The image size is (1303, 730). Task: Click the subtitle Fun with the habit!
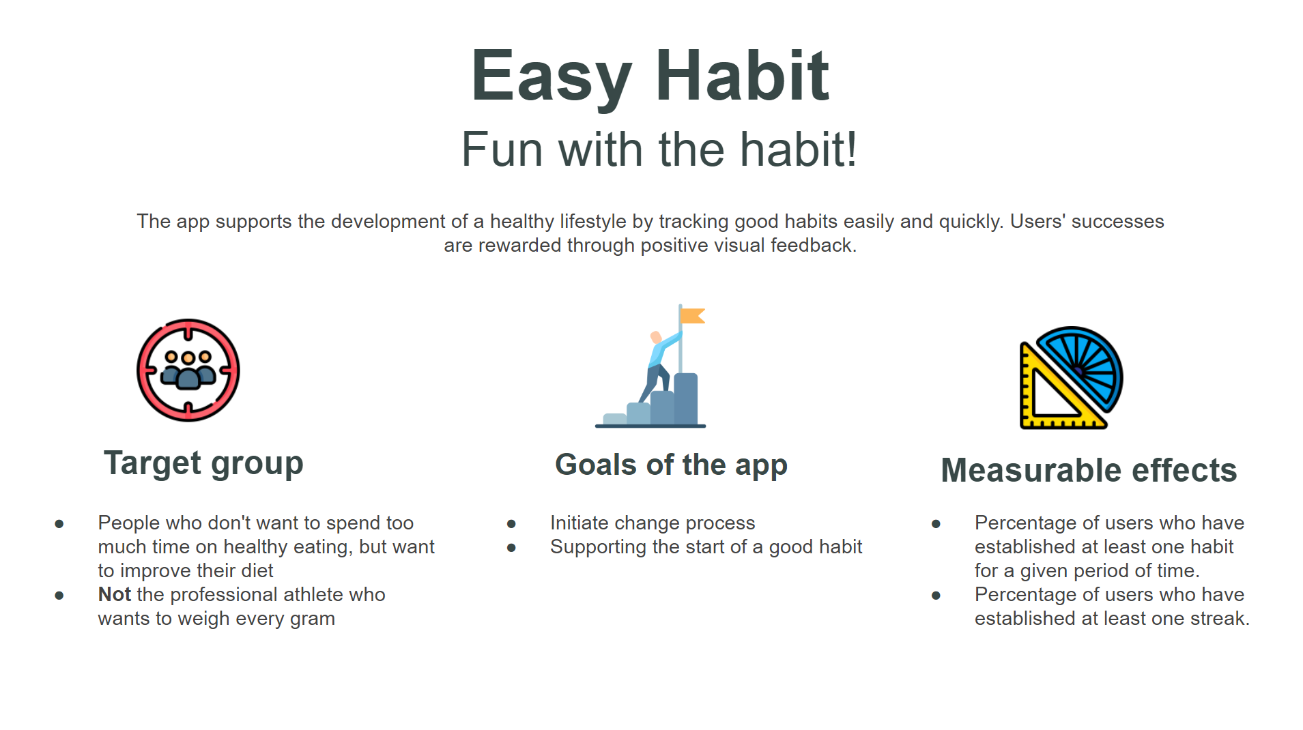click(659, 149)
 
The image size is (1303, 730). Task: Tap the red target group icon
click(188, 370)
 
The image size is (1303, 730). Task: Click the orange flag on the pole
click(693, 316)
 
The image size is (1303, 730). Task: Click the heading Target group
click(203, 464)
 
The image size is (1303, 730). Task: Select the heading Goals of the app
click(671, 465)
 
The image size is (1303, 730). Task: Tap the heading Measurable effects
click(1089, 470)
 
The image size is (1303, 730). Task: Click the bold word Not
click(114, 594)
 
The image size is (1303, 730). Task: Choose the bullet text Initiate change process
click(653, 523)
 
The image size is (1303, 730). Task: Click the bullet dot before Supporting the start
click(511, 548)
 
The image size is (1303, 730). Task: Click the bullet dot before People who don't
click(59, 524)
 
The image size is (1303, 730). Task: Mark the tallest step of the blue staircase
click(686, 399)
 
